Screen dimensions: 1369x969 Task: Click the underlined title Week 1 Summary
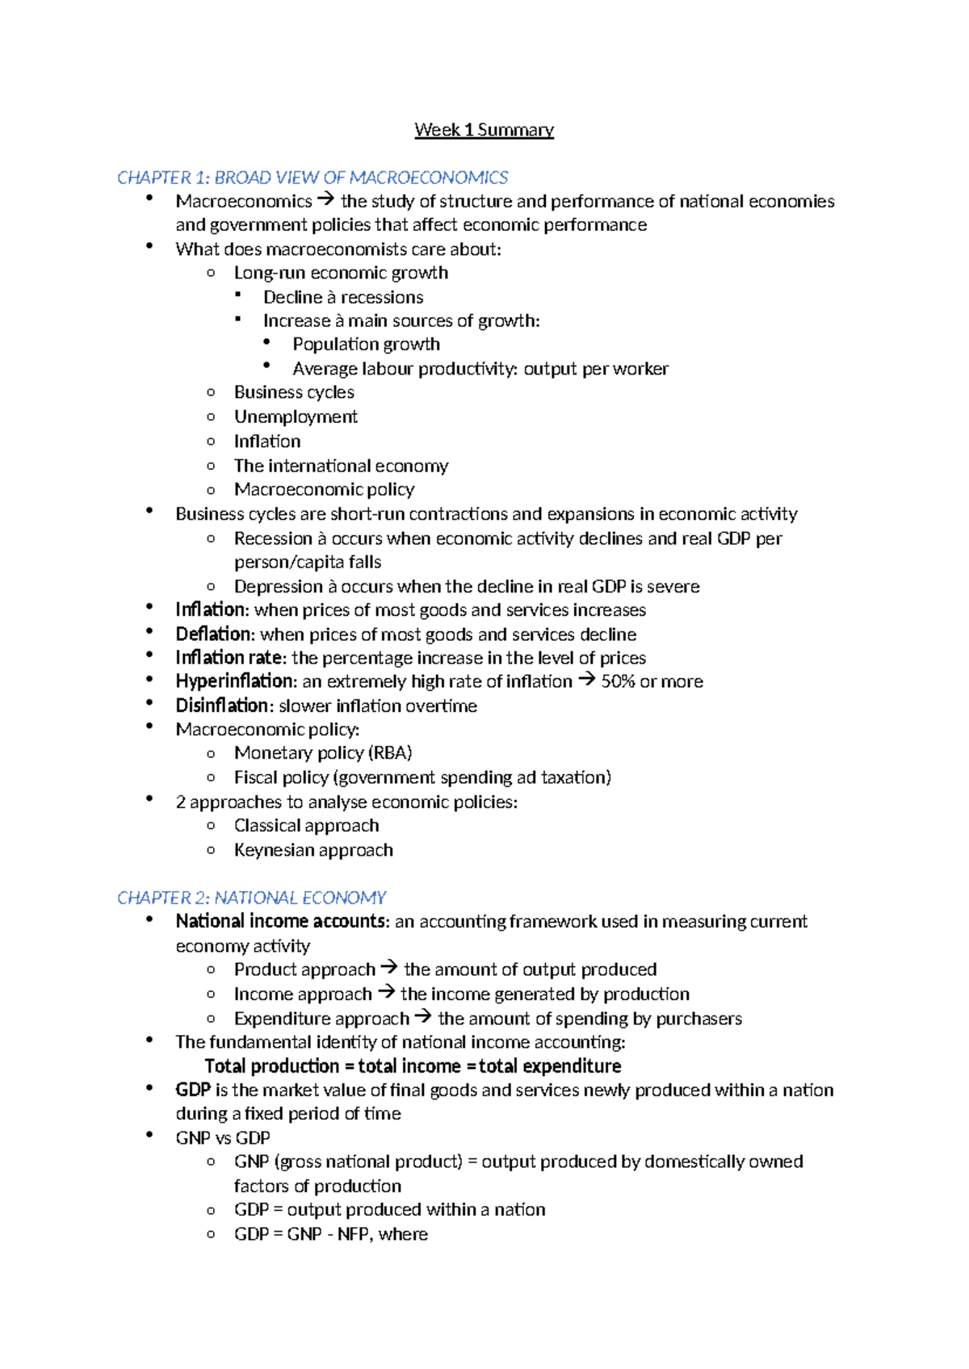click(x=484, y=130)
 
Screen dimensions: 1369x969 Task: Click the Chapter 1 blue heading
click(x=313, y=178)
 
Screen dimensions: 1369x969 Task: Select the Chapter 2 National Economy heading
click(x=251, y=898)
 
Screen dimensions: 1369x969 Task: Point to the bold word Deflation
click(x=214, y=634)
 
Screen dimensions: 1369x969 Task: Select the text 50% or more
click(x=652, y=681)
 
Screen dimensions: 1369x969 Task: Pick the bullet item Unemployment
click(x=296, y=417)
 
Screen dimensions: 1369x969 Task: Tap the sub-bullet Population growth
click(x=366, y=345)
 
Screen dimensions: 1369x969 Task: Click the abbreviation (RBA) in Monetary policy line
click(x=390, y=753)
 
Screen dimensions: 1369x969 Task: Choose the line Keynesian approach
click(x=313, y=850)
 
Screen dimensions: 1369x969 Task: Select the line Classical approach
click(x=306, y=826)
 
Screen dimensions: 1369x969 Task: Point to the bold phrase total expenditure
click(x=550, y=1066)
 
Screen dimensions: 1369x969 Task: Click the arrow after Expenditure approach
click(x=422, y=1017)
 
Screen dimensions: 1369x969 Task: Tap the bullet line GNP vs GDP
click(x=223, y=1138)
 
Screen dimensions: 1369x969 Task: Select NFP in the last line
click(x=353, y=1234)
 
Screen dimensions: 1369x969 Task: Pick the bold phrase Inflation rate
click(x=229, y=658)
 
